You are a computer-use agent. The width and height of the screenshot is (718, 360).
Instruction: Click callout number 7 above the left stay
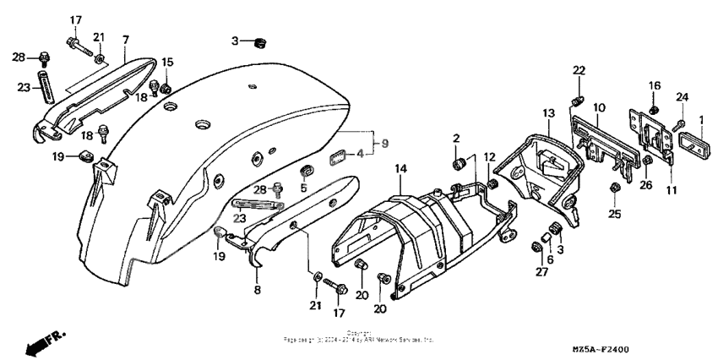[x=125, y=40]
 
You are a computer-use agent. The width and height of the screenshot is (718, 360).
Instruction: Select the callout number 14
[x=400, y=170]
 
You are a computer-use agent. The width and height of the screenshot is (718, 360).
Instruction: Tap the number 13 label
[x=548, y=113]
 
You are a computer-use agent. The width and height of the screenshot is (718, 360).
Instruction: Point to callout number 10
[x=599, y=107]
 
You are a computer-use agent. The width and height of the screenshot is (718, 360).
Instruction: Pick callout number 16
[x=655, y=85]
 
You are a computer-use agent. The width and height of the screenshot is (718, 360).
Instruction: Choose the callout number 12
[x=490, y=157]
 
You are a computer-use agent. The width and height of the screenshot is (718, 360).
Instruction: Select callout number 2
[x=455, y=138]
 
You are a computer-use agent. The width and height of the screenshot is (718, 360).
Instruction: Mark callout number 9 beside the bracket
[x=385, y=144]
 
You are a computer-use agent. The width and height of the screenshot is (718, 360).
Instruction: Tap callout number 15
[x=167, y=62]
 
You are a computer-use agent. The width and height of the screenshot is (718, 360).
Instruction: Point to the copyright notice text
[x=359, y=336]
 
